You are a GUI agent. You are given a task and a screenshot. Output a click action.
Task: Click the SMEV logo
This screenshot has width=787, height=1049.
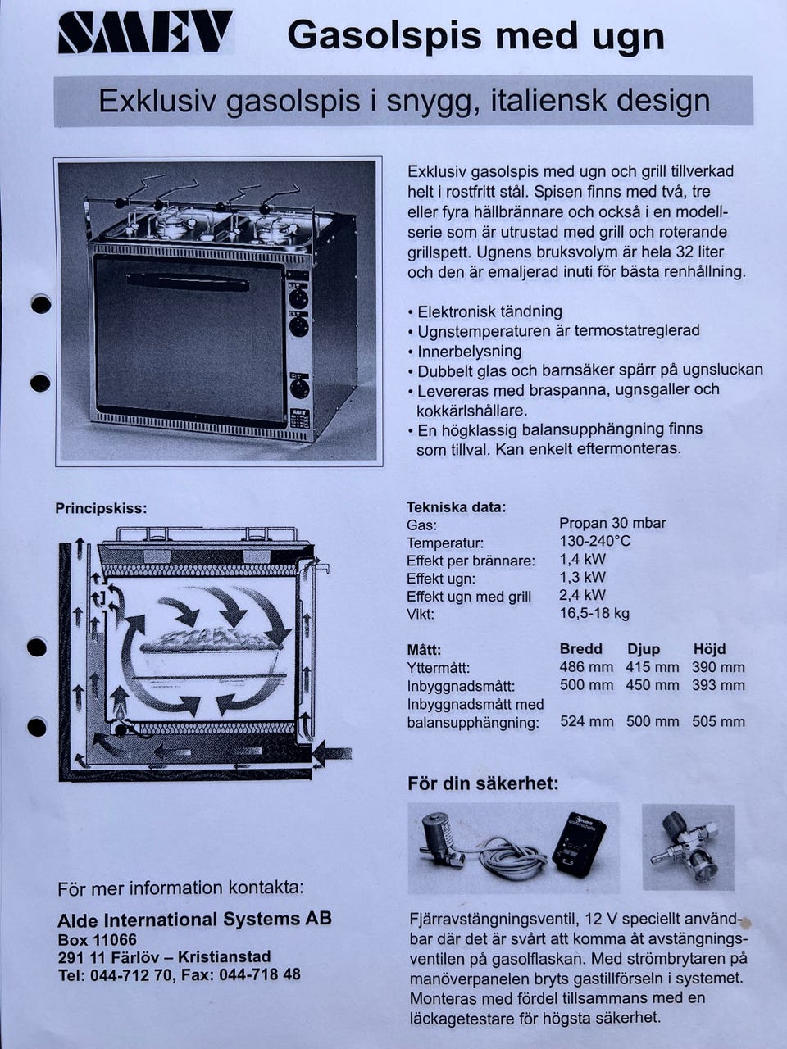[145, 33]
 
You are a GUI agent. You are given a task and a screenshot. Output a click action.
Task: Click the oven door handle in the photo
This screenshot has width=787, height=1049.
[188, 283]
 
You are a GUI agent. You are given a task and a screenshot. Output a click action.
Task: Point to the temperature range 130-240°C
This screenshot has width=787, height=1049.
[595, 542]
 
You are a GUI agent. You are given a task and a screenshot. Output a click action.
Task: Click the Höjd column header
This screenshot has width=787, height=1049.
[709, 649]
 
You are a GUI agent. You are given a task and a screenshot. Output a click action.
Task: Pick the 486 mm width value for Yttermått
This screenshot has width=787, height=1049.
[586, 667]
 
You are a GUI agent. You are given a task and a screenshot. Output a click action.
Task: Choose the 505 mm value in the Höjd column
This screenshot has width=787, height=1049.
[718, 722]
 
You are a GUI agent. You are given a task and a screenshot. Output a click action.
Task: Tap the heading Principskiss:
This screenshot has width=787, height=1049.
[102, 508]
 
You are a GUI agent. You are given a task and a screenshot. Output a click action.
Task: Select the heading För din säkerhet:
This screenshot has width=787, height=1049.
[483, 783]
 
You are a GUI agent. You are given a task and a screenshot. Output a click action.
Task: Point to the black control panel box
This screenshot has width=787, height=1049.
[580, 846]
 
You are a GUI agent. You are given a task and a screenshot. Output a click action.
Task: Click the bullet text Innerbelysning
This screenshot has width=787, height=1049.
[469, 352]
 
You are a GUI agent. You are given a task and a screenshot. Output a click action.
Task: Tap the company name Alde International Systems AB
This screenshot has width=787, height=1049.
[194, 919]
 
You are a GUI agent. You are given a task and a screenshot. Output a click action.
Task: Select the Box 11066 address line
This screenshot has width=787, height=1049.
[97, 940]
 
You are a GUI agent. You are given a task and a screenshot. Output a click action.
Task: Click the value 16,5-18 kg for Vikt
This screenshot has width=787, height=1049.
[594, 613]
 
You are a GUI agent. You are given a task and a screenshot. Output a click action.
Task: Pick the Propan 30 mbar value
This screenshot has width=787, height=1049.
[612, 523]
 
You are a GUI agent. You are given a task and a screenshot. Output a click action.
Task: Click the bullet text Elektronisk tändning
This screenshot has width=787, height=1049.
[489, 311]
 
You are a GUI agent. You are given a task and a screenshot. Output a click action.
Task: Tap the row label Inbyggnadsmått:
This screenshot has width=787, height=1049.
[461, 686]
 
